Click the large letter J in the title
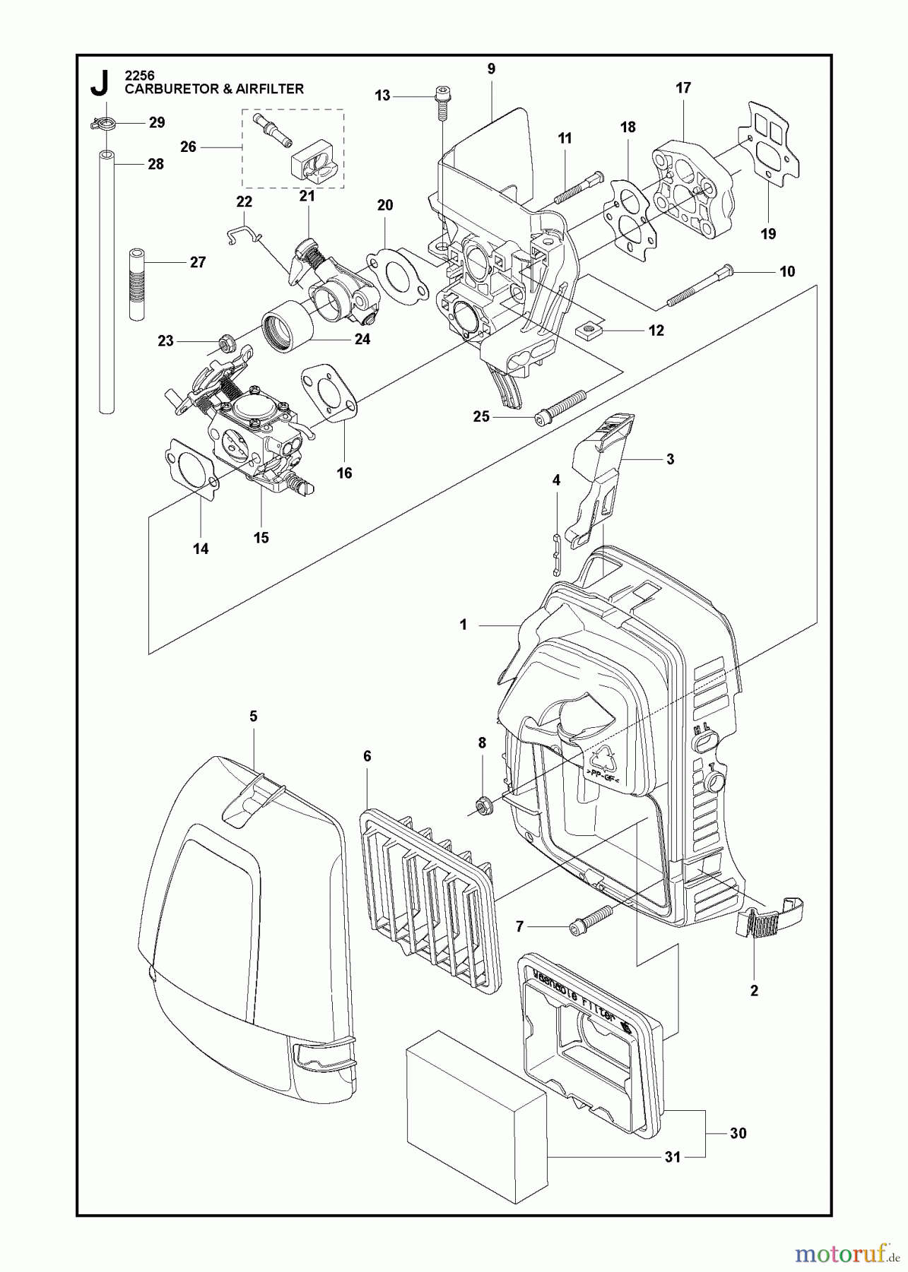click(x=100, y=83)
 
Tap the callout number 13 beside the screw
click(x=382, y=95)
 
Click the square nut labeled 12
click(x=587, y=329)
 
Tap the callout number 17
click(x=683, y=88)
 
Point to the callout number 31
click(x=672, y=1157)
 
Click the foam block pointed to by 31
click(x=477, y=1119)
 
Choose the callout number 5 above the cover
click(x=253, y=716)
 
